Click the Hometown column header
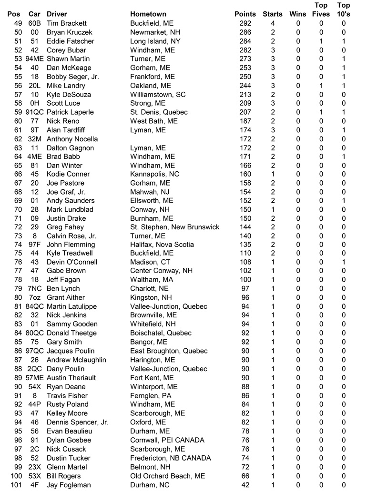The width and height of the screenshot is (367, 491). pos(148,14)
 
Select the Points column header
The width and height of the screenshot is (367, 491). pos(245,14)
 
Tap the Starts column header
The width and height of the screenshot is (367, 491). pos(273,14)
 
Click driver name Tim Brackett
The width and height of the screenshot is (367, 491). pos(67,23)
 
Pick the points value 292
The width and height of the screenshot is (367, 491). pos(245,23)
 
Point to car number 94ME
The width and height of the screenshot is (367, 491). pos(34,59)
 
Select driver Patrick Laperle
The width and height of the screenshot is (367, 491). pos(70,112)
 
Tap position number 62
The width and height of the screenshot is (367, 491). pos(18,139)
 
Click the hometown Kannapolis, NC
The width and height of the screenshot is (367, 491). pos(154,174)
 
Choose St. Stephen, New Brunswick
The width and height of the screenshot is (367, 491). pos(175,227)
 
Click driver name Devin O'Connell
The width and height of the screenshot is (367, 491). pos(72,262)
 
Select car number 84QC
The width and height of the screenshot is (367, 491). pos(34,306)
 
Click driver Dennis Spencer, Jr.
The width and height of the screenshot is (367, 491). pos(78,422)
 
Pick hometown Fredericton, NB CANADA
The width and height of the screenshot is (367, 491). pos(171,458)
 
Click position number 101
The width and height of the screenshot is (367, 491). pos(16,485)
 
